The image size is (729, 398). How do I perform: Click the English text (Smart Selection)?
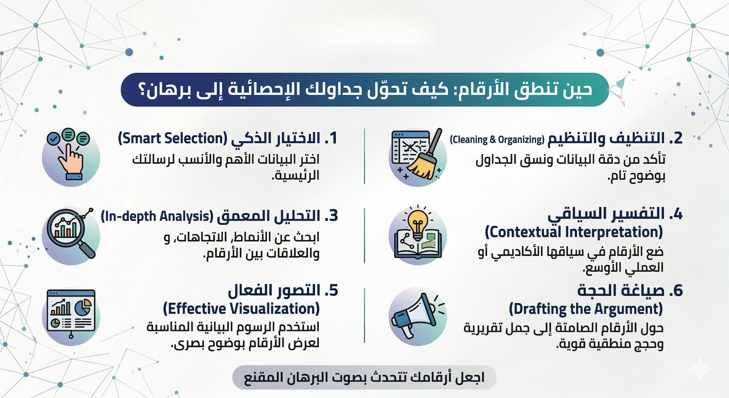[x=173, y=138]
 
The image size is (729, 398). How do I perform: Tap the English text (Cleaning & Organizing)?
[x=497, y=139]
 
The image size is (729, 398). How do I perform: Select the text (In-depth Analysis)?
[x=157, y=216]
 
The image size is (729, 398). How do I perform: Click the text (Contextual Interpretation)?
[x=573, y=232]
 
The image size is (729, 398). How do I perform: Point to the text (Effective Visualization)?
[x=241, y=309]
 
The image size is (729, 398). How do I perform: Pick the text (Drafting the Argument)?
[x=586, y=309]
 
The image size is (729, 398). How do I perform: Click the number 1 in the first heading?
[x=332, y=138]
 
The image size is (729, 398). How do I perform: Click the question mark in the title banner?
[x=143, y=90]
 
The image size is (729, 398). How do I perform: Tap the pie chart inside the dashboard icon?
[x=83, y=307]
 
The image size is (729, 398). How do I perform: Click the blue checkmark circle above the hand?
[x=54, y=139]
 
